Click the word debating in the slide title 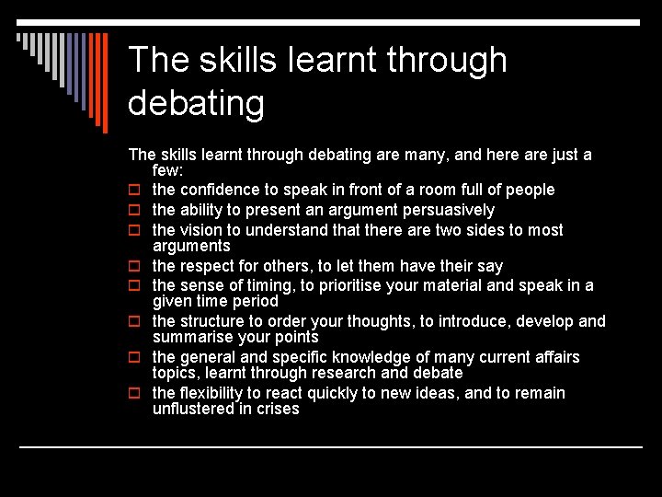(196, 103)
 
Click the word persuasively (449, 210)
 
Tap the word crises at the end (279, 409)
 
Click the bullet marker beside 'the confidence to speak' (134, 191)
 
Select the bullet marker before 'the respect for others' (134, 267)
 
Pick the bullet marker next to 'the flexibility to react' (134, 394)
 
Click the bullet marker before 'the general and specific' (134, 358)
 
